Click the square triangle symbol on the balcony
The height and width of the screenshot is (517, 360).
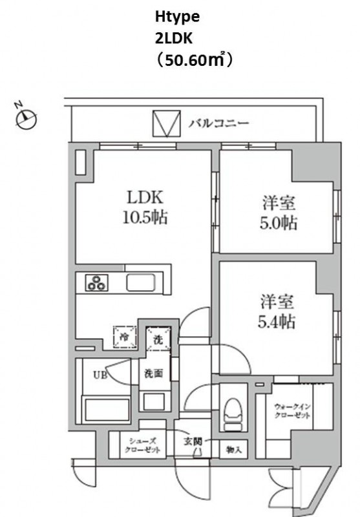click(x=165, y=123)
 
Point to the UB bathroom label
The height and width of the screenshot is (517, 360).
click(x=101, y=374)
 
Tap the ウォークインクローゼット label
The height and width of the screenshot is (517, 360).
click(x=293, y=410)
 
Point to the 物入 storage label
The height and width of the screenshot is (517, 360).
click(x=231, y=448)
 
